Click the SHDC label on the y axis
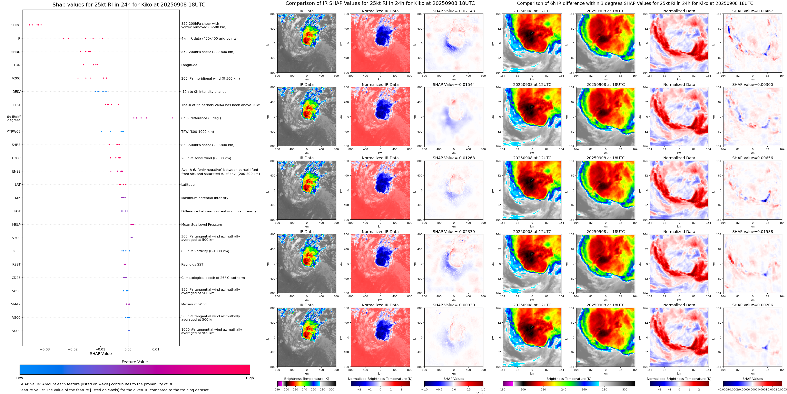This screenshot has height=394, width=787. click(x=16, y=25)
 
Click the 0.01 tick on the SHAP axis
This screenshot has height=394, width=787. click(x=156, y=349)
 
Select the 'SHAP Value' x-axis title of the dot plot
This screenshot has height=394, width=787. click(x=101, y=354)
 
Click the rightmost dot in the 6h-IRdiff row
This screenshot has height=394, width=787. click(x=172, y=118)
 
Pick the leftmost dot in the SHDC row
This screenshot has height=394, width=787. click(x=30, y=25)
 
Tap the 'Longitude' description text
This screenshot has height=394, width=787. click(x=189, y=65)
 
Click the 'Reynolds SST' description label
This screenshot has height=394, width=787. click(x=192, y=264)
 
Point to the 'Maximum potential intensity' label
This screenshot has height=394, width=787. click(x=205, y=198)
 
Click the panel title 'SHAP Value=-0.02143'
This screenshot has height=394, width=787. click(x=454, y=11)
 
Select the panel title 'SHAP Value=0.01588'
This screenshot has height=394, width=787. click(x=753, y=232)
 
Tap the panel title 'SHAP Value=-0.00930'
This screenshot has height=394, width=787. click(x=454, y=305)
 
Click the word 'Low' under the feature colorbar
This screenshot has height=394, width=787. click(x=20, y=378)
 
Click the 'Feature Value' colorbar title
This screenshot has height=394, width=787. click(x=135, y=362)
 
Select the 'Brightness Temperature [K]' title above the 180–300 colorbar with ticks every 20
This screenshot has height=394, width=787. click(x=306, y=379)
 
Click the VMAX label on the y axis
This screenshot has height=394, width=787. click(x=16, y=304)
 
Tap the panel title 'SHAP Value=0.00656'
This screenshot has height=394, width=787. click(x=753, y=158)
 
